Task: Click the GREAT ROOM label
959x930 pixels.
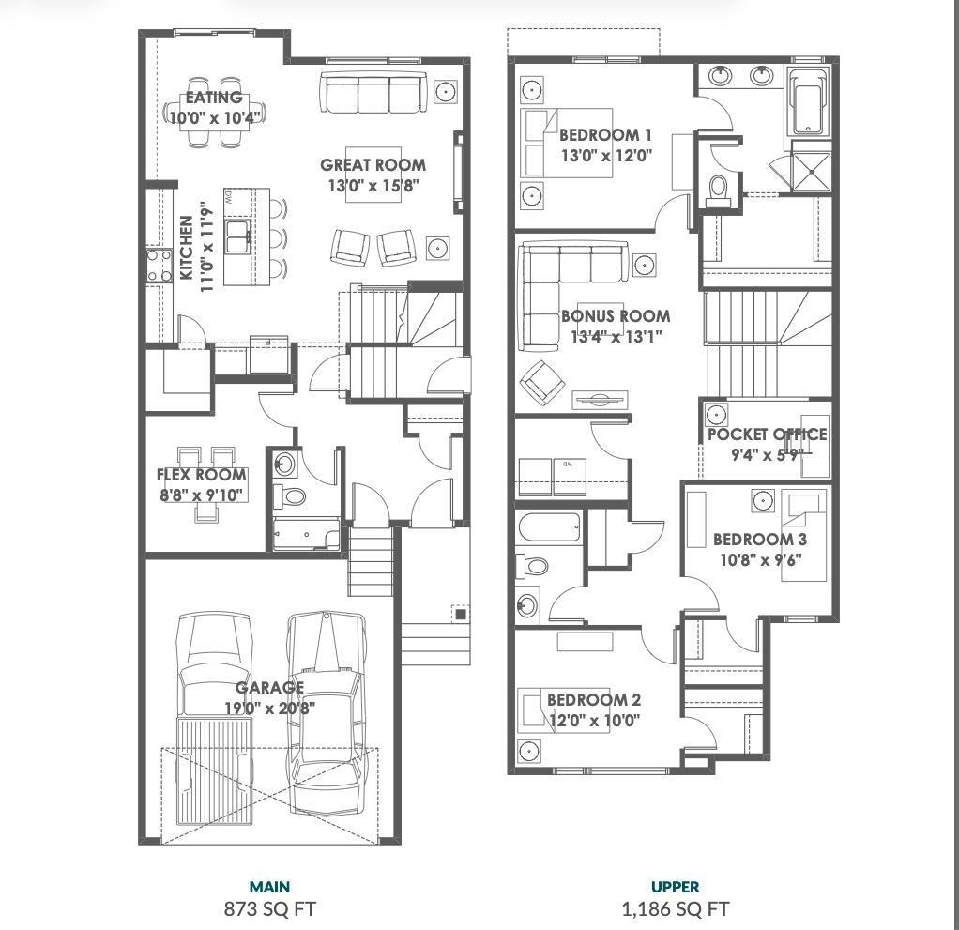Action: click(x=373, y=165)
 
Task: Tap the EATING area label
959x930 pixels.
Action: click(x=214, y=98)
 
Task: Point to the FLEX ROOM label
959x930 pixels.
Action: click(x=202, y=475)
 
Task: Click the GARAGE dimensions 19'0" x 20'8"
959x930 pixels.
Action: click(x=269, y=709)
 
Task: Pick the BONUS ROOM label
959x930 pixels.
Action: click(x=616, y=316)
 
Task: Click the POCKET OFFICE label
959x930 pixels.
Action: click(x=767, y=435)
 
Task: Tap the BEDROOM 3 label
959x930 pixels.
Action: click(x=759, y=540)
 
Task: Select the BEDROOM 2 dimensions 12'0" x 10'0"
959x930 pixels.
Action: click(x=593, y=721)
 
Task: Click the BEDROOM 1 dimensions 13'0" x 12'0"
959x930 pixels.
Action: click(x=605, y=156)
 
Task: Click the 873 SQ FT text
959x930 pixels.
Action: click(x=269, y=908)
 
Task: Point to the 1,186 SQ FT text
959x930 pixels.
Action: click(x=676, y=908)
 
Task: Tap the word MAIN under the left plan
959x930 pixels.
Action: click(x=269, y=886)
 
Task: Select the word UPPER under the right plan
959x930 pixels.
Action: click(x=676, y=886)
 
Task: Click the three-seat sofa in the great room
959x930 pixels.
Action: click(x=373, y=92)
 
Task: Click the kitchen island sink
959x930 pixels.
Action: click(x=237, y=235)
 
